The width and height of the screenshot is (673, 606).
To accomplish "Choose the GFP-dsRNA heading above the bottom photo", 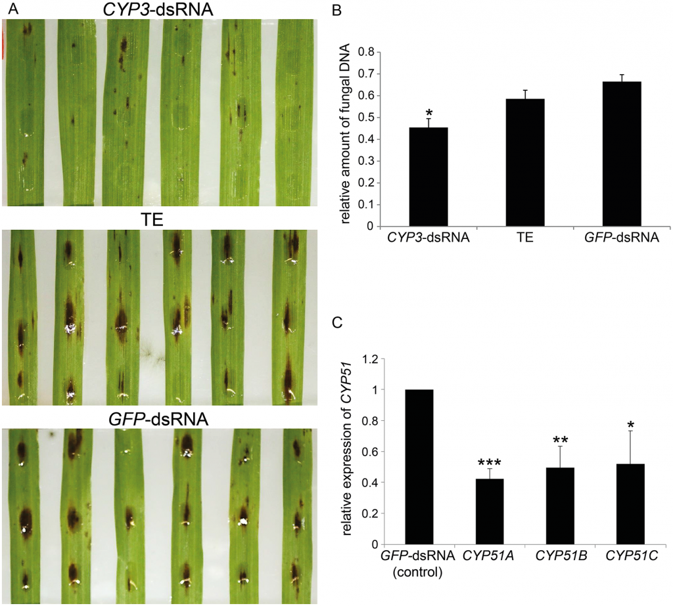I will [x=158, y=419].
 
